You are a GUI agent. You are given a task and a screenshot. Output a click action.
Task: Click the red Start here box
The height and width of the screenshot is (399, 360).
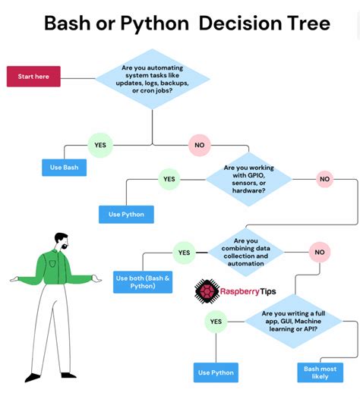point(33,76)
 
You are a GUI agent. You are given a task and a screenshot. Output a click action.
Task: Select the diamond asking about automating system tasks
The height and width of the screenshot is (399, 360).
point(153,80)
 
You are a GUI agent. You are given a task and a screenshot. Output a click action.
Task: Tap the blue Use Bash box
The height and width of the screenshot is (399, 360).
point(64,168)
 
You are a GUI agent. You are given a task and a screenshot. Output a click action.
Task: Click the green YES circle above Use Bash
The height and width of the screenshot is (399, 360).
point(99,144)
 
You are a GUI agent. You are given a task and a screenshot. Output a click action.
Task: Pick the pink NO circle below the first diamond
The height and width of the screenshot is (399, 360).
point(200,144)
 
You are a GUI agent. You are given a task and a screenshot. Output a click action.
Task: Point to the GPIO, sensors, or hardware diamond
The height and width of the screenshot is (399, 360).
point(249,179)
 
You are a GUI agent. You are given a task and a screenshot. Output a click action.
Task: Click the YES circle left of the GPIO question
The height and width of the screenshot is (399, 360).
point(169,179)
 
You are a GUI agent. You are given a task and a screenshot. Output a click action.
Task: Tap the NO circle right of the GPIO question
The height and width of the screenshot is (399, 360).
point(325,179)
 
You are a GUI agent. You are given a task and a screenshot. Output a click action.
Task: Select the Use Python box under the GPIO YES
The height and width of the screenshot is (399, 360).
point(126,214)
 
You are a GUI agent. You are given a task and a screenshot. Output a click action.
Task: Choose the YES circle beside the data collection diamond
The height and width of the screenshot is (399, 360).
point(184,252)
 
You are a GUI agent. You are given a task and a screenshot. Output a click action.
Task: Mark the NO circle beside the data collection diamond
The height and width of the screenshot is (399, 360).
point(319,252)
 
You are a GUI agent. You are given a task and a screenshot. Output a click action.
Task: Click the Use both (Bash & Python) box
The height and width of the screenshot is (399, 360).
point(143,282)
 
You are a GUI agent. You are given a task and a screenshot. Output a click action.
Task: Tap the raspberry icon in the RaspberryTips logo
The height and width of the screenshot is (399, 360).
point(207,291)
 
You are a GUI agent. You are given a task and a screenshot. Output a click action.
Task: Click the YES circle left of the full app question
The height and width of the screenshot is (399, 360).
point(216,322)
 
